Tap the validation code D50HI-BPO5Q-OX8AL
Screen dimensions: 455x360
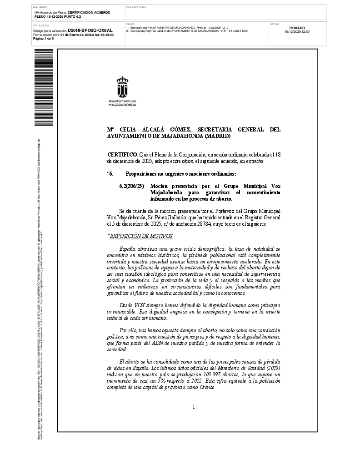pyautogui.click(x=90, y=30)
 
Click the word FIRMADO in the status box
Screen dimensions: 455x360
pyautogui.click(x=297, y=28)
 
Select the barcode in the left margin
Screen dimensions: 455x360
pyautogui.click(x=44, y=86)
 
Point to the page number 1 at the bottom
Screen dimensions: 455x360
pyautogui.click(x=194, y=406)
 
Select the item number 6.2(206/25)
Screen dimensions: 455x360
pyautogui.click(x=131, y=187)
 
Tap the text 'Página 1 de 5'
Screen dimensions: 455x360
pyautogui.click(x=44, y=38)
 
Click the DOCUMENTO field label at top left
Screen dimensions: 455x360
pyautogui.click(x=40, y=7)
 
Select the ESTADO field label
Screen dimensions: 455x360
pyautogui.click(x=275, y=24)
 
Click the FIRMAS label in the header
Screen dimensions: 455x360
pyautogui.click(x=130, y=24)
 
